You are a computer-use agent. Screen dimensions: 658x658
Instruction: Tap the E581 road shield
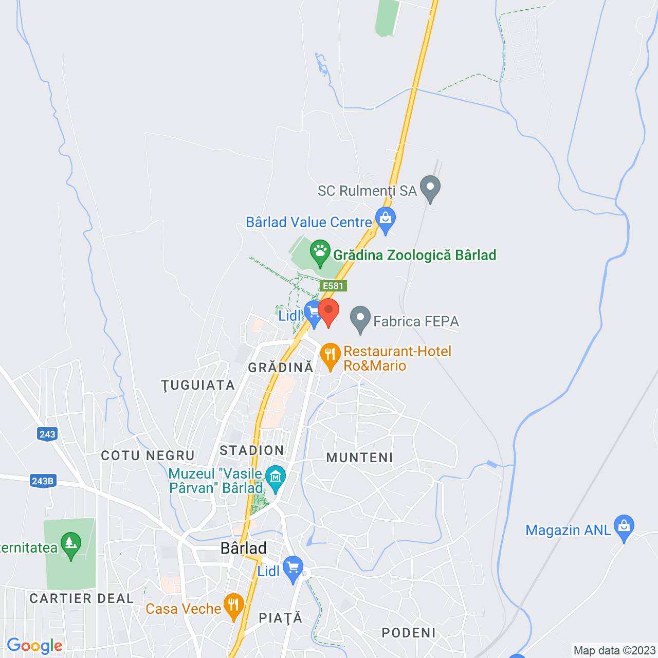tap(333, 286)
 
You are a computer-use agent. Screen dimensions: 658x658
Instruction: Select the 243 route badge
tap(47, 434)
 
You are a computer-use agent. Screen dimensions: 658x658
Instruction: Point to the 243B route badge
tap(43, 481)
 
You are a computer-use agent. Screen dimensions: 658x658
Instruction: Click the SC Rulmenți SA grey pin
tap(430, 188)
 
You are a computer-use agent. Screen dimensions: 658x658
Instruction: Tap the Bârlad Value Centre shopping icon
tap(386, 220)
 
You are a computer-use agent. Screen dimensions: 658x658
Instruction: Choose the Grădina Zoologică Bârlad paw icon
tap(320, 252)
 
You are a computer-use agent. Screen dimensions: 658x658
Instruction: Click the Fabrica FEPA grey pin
tap(360, 319)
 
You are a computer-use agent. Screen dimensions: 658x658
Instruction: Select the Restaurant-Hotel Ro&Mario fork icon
tap(331, 355)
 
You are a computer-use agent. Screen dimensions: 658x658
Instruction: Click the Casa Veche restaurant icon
tap(234, 606)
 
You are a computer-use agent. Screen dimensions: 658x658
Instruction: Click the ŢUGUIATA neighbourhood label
tap(198, 386)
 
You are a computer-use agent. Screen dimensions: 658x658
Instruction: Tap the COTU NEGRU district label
tap(148, 456)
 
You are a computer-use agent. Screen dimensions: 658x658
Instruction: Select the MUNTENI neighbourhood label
tap(360, 458)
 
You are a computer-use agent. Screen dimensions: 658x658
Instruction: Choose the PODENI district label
tap(409, 633)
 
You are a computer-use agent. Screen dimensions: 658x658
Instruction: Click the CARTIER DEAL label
tap(82, 599)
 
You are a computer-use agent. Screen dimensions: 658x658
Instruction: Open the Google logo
tap(34, 646)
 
